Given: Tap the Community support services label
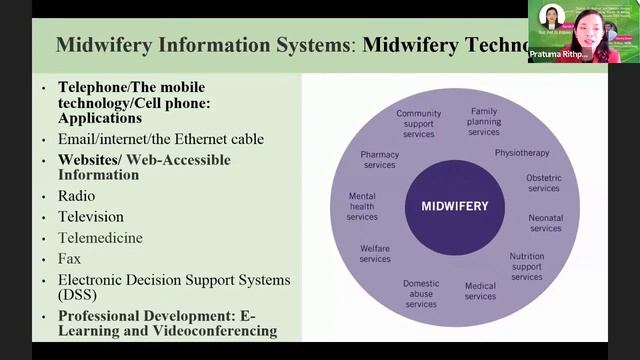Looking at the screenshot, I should (x=418, y=124).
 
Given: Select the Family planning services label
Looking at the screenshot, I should (x=484, y=121).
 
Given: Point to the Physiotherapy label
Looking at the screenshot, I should (x=522, y=153).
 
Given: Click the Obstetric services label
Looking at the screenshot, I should (x=543, y=183).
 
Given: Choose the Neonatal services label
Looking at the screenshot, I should (x=545, y=223).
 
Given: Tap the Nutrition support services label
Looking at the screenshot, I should (x=526, y=266).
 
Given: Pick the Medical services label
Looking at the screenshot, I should (x=480, y=291).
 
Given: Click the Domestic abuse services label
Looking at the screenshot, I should (x=421, y=293).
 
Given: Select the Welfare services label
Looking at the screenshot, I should (x=375, y=254).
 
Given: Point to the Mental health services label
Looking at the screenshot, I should (x=362, y=206).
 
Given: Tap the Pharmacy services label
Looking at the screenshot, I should (x=379, y=160).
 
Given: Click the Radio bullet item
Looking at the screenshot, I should (x=77, y=196).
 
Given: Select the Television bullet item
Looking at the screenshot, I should (x=91, y=217).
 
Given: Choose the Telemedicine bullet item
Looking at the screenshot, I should (x=100, y=238).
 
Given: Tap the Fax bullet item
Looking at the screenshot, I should (x=69, y=259).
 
